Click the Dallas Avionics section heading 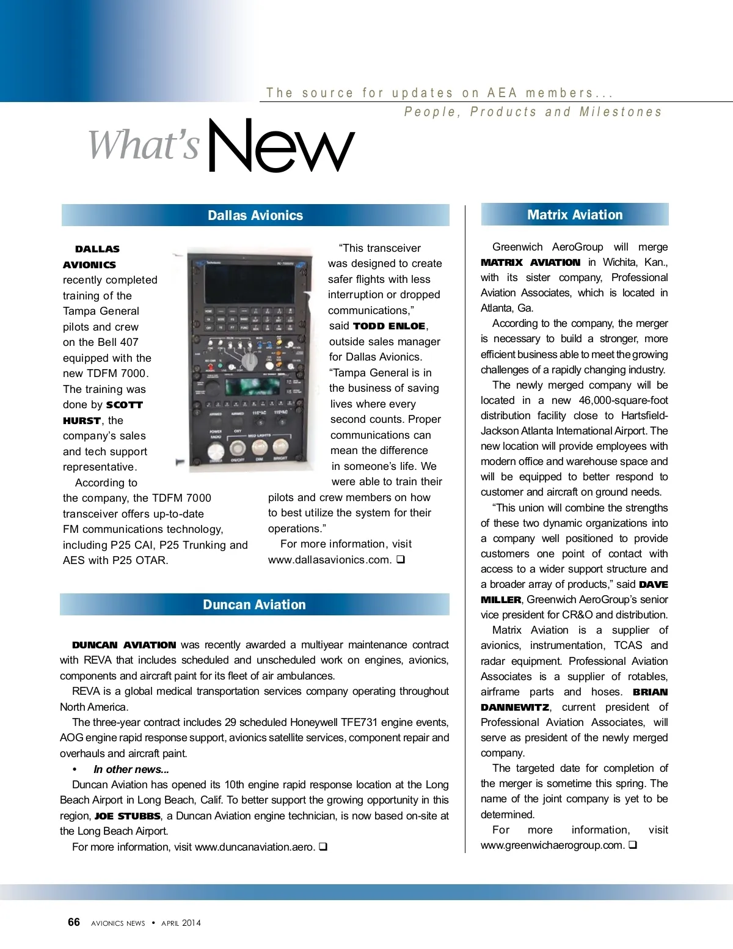point(255,215)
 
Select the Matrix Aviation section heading point(575,214)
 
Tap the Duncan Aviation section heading point(254,604)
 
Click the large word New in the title point(280,146)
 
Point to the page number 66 point(74,922)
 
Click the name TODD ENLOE point(389,326)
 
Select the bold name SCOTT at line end point(125,405)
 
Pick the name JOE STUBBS point(127,816)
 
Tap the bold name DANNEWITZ point(515,707)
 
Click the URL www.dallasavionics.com point(329,559)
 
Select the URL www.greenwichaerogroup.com point(552,845)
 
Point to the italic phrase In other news point(131,769)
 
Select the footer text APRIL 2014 point(181,923)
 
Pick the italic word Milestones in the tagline point(621,112)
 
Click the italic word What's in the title point(144,146)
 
